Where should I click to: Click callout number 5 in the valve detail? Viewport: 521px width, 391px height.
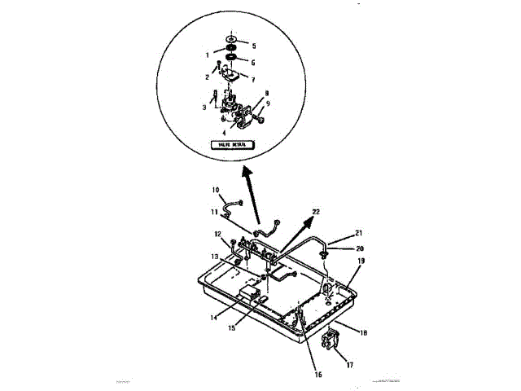click(253, 46)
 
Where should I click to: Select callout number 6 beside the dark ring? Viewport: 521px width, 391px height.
click(253, 62)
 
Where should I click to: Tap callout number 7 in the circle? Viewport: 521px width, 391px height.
click(253, 80)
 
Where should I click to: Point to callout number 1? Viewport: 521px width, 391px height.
click(208, 56)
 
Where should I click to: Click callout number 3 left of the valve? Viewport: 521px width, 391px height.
click(204, 107)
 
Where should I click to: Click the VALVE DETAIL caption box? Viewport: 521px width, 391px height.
click(232, 145)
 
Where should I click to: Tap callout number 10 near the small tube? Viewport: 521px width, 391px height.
click(217, 191)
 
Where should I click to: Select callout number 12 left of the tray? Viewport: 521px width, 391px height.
click(218, 235)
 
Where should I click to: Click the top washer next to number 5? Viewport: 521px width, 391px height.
click(232, 39)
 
